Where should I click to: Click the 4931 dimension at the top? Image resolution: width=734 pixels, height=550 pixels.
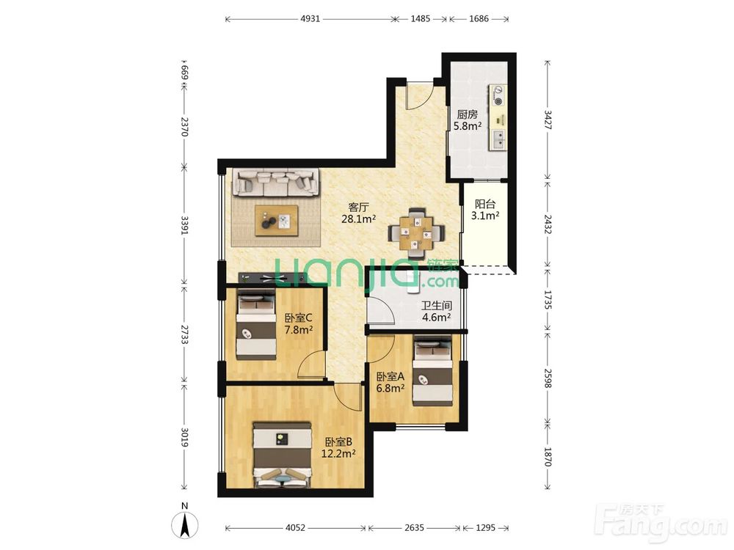coord(310,19)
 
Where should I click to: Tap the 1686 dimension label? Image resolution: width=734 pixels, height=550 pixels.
coord(479,19)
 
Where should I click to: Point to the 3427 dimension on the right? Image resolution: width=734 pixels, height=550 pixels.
coord(548,120)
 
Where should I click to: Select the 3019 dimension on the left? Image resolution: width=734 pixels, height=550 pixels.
coord(185,437)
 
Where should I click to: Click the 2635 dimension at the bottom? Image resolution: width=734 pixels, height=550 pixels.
coord(414,527)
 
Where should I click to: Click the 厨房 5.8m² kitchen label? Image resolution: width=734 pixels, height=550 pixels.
coord(467,120)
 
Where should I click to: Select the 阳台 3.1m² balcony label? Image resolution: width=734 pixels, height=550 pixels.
coord(485,210)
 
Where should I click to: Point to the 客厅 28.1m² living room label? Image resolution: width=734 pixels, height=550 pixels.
coord(359,213)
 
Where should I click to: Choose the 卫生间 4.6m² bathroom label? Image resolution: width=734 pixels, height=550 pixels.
coord(437,312)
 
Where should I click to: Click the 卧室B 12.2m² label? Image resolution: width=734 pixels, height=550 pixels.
coord(338,447)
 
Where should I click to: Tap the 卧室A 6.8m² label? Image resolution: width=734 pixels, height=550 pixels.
coord(391,381)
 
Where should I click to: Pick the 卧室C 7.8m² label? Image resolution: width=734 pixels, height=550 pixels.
coord(299,323)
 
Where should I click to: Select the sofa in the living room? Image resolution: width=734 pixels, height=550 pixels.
coord(277,183)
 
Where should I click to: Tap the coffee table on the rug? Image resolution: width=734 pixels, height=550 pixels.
coord(277,220)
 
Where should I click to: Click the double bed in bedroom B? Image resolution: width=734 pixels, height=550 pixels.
coord(283,455)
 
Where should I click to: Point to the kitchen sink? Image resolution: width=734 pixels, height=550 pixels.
coord(498,139)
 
